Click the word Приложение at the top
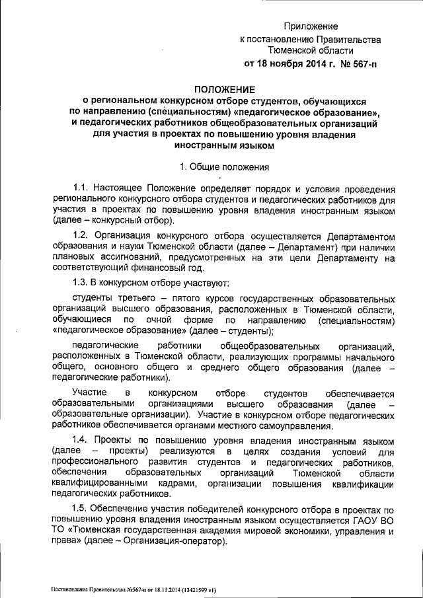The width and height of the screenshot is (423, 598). click(311, 26)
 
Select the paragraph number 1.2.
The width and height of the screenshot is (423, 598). click(81, 236)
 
